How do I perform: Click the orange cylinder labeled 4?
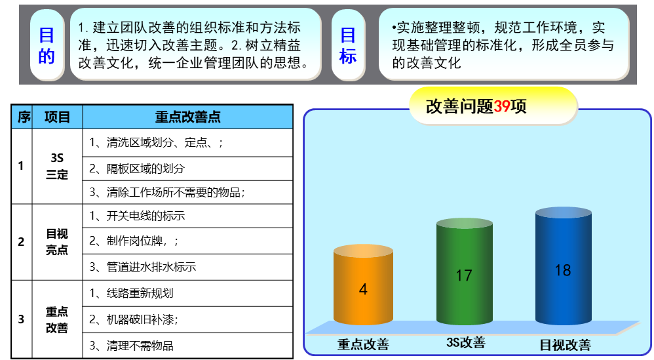(363, 285)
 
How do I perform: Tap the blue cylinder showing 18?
(563, 266)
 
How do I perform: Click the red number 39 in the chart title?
(502, 106)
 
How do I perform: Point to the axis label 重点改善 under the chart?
(363, 344)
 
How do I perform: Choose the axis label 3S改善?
(466, 342)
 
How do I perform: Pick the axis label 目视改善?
(565, 345)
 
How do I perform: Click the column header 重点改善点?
(187, 117)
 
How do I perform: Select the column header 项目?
(57, 117)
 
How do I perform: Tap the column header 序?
(24, 117)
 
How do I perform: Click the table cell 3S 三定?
(57, 166)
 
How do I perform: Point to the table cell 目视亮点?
(57, 241)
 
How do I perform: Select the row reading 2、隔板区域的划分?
(137, 169)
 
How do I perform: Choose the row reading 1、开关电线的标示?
(137, 216)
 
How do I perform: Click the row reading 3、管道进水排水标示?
(143, 267)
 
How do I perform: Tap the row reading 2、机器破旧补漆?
(134, 319)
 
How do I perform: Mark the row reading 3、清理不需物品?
(131, 346)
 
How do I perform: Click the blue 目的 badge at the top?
(47, 45)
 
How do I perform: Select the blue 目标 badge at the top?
(348, 45)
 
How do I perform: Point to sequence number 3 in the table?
(21, 319)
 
